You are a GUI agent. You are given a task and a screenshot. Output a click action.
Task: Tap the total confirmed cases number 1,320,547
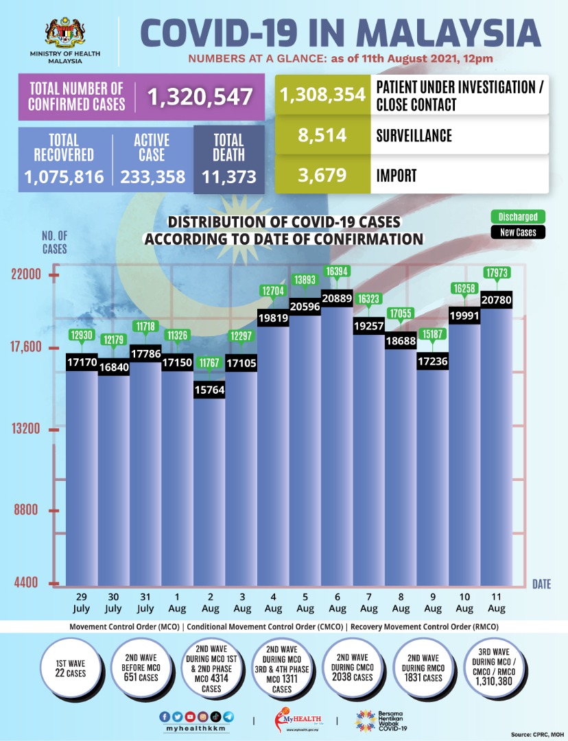pyautogui.click(x=200, y=97)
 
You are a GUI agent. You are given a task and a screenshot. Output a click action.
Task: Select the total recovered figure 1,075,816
pyautogui.click(x=64, y=176)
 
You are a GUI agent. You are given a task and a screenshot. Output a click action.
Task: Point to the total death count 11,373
pyautogui.click(x=229, y=176)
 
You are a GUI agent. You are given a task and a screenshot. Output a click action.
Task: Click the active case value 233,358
pyautogui.click(x=153, y=176)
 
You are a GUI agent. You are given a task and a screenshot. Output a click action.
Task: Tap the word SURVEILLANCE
pyautogui.click(x=414, y=135)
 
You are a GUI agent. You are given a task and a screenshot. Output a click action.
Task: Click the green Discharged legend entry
pyautogui.click(x=518, y=217)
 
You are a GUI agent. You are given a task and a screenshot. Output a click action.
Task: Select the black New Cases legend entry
pyautogui.click(x=518, y=232)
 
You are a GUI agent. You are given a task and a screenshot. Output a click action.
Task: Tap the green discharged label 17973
pyautogui.click(x=497, y=272)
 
